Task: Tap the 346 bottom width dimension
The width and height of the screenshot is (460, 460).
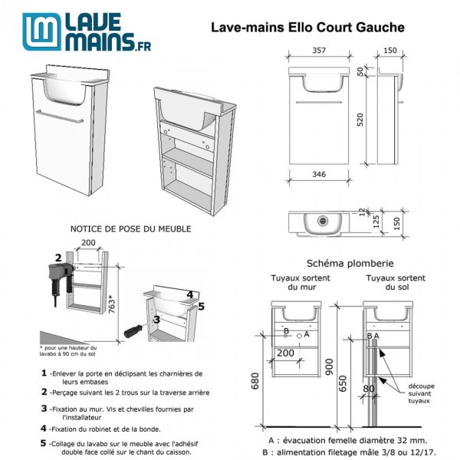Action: point(319,175)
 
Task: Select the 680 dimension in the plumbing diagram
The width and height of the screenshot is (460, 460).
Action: point(258,379)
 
